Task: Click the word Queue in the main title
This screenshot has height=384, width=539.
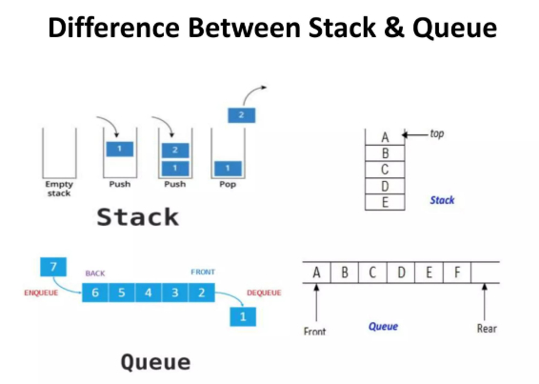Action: pyautogui.click(x=454, y=29)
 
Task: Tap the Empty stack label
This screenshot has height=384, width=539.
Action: pyautogui.click(x=59, y=189)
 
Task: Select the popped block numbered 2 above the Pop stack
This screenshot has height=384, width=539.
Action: pyautogui.click(x=242, y=115)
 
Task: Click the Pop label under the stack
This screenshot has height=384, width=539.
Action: pyautogui.click(x=228, y=185)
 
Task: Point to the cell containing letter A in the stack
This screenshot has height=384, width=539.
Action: pyautogui.click(x=385, y=137)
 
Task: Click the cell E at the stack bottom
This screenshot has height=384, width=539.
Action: pyautogui.click(x=385, y=202)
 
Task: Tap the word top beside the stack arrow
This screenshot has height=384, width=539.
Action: pyautogui.click(x=437, y=133)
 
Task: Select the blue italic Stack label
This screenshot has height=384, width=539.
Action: pyautogui.click(x=442, y=200)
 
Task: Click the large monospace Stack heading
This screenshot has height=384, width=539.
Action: pyautogui.click(x=137, y=217)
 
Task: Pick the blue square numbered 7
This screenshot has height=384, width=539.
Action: pyautogui.click(x=53, y=267)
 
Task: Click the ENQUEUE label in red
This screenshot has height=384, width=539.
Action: pyautogui.click(x=41, y=293)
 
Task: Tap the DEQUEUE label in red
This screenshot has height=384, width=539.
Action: pyautogui.click(x=264, y=293)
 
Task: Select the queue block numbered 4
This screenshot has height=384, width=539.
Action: pyautogui.click(x=149, y=293)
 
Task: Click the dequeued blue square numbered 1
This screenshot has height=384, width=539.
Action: pyautogui.click(x=243, y=316)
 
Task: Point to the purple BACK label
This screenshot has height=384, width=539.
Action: pyautogui.click(x=95, y=273)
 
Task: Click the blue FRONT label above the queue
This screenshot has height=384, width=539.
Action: pyautogui.click(x=203, y=273)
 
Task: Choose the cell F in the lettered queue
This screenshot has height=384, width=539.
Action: pyautogui.click(x=457, y=273)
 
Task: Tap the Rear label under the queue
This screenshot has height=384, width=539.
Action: pyautogui.click(x=487, y=329)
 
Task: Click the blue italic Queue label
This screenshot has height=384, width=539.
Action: pyautogui.click(x=383, y=326)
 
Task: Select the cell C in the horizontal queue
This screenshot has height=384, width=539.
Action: pyautogui.click(x=372, y=273)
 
